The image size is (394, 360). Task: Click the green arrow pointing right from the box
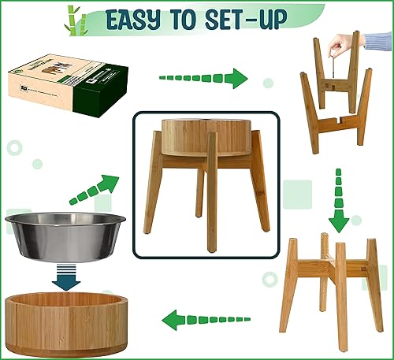pyautogui.click(x=203, y=78)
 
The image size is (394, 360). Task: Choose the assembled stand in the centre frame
pyautogui.click(x=206, y=184)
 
